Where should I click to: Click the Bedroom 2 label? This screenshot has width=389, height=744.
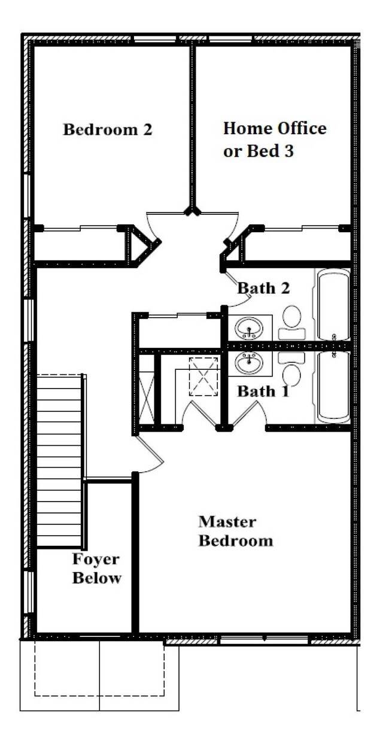point(108,129)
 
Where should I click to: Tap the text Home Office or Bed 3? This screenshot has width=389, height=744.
point(275,139)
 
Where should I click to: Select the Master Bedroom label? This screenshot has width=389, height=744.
point(236,531)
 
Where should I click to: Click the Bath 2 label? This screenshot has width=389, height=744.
point(263,288)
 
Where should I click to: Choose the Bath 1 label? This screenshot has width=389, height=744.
point(263,391)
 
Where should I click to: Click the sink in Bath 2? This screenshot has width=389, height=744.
point(249,328)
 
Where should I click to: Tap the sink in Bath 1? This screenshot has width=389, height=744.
point(249,363)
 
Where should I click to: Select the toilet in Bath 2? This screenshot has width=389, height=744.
point(292,323)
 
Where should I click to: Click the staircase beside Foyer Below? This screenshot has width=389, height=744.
point(60,461)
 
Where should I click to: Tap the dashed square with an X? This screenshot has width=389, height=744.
point(203,376)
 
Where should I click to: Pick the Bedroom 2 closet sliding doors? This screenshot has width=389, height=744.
point(80,228)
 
